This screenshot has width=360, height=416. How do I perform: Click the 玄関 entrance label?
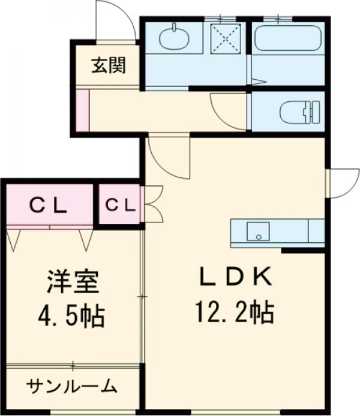[x=109, y=65]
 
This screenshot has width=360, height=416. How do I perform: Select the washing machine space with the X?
[x=226, y=38]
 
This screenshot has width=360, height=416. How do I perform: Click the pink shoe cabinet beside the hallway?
[x=83, y=110]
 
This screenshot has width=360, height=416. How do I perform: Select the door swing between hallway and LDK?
[x=167, y=158]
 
